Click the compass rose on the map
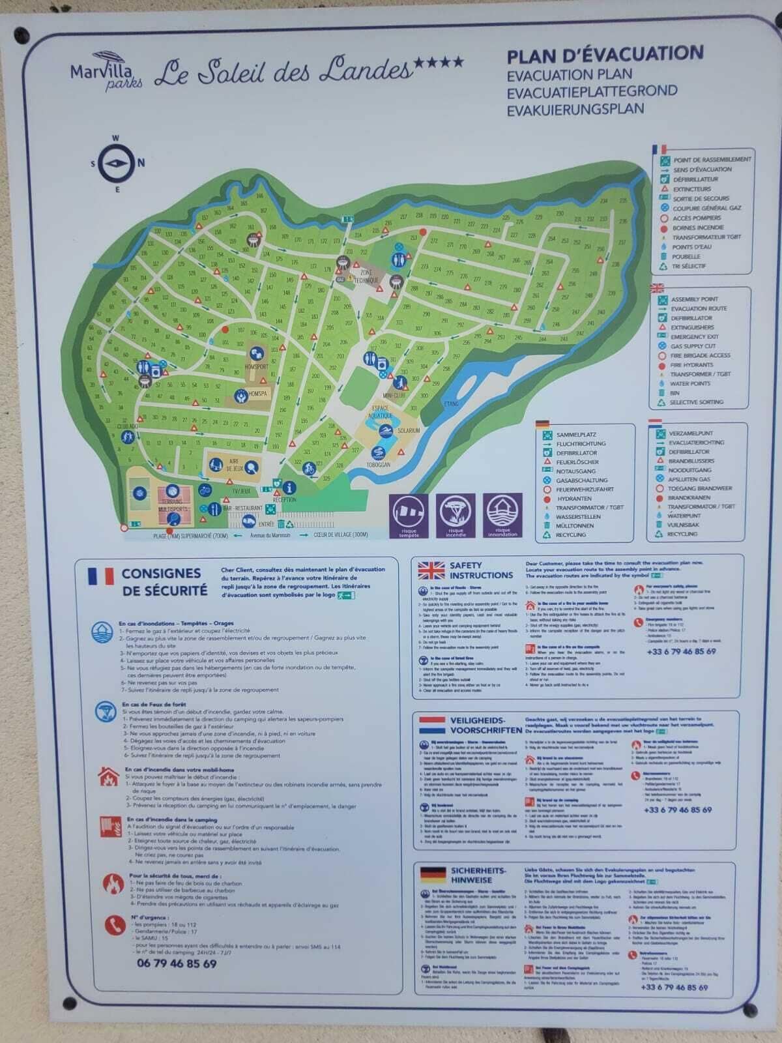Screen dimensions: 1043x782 click(x=117, y=163)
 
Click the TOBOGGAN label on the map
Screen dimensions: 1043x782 click(x=378, y=464)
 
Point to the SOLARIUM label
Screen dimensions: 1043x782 click(x=407, y=431)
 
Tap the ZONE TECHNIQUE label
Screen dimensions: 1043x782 click(x=366, y=275)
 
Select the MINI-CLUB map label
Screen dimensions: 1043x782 click(x=394, y=395)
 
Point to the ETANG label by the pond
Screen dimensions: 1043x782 click(x=450, y=404)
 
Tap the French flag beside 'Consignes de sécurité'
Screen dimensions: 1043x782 click(x=100, y=576)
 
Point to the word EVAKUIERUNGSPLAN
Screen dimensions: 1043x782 click(x=575, y=109)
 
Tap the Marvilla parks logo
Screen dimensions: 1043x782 click(x=106, y=71)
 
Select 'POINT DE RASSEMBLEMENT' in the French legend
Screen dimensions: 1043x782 click(x=712, y=159)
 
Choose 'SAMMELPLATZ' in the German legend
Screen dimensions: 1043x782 click(x=576, y=434)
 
